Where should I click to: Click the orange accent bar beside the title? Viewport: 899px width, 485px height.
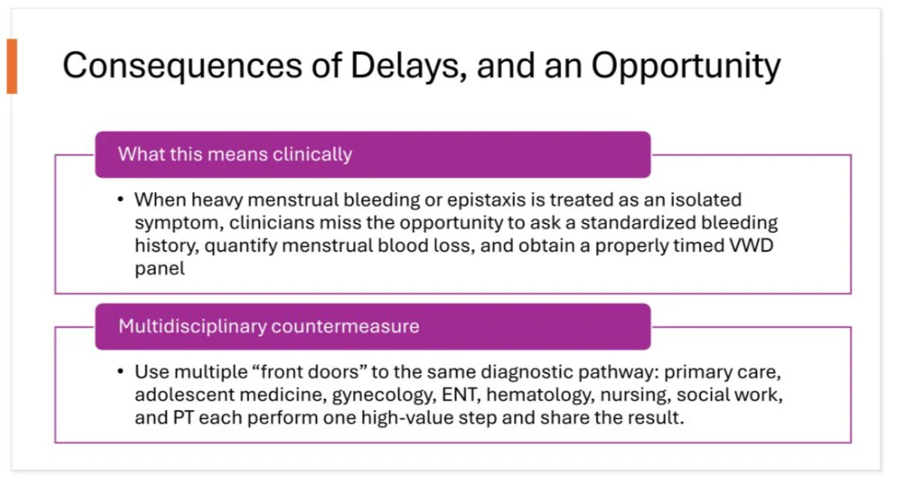point(12,66)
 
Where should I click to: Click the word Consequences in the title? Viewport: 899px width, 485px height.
point(182,66)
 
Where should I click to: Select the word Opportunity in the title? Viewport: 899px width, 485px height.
point(685,66)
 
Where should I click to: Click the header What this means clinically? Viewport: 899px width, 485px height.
point(235,154)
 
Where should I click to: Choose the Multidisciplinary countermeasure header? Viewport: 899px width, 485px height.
point(269,326)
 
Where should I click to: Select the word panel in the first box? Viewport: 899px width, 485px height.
point(159,268)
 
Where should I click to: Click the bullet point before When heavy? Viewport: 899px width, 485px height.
point(120,199)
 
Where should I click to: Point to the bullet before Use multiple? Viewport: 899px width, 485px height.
point(120,371)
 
